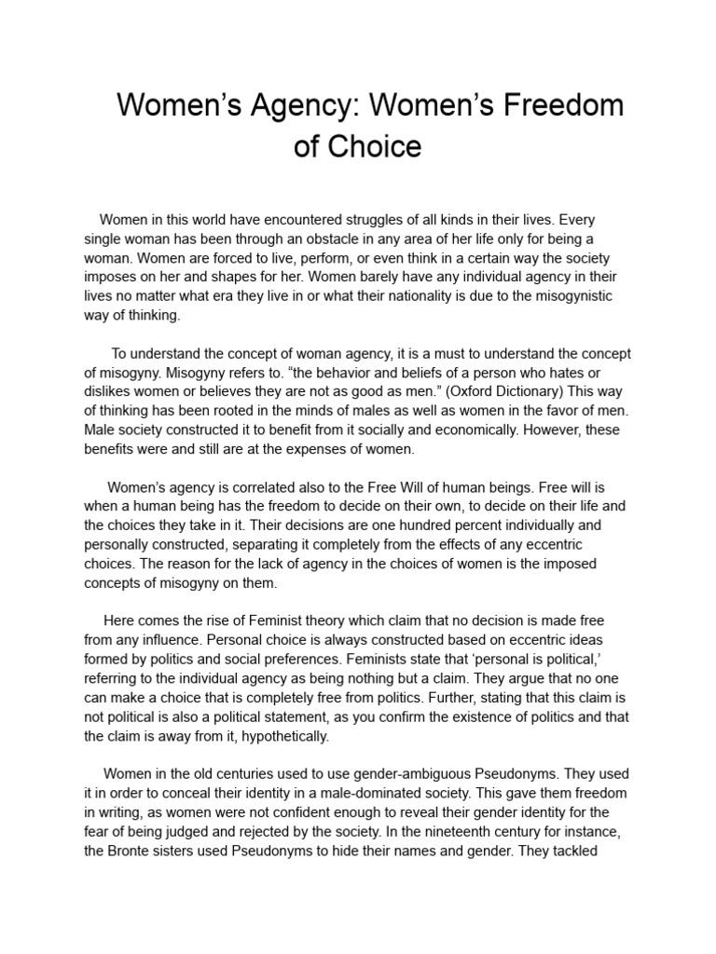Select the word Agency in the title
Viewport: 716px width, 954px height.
click(x=301, y=105)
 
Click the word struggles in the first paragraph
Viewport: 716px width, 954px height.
click(x=348, y=220)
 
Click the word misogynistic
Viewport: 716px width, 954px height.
click(x=584, y=296)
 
